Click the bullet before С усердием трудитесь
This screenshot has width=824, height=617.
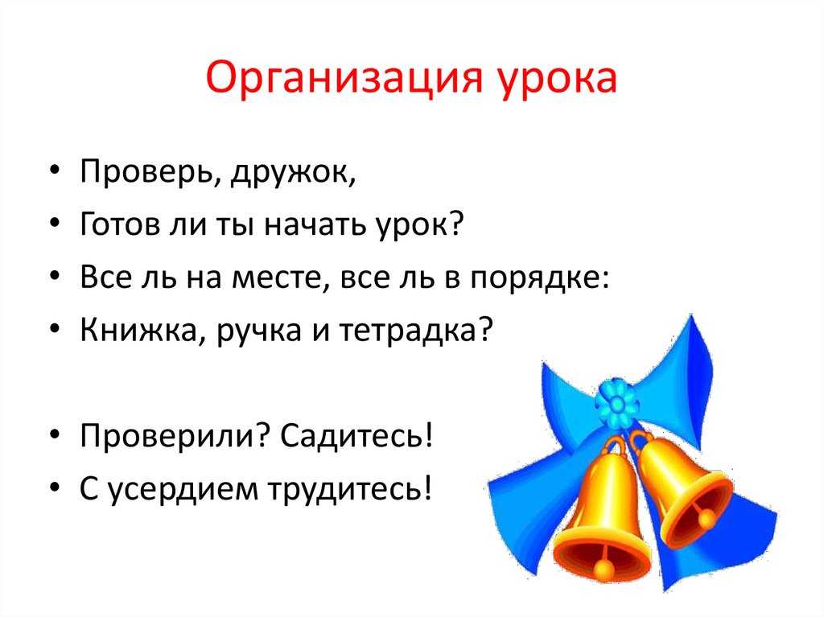pos(54,487)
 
